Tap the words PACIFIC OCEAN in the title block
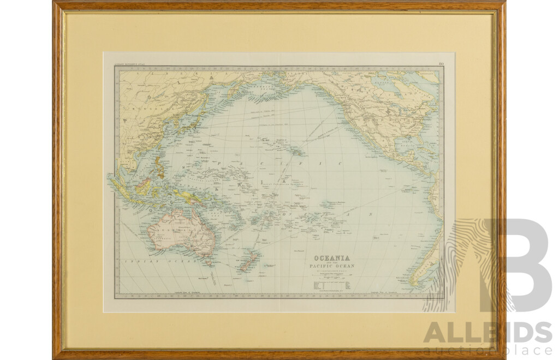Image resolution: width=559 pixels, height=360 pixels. (331, 266)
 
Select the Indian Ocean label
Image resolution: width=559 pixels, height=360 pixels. (140, 262)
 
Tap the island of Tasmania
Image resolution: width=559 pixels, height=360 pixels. (207, 263)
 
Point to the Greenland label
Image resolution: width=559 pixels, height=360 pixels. (431, 77)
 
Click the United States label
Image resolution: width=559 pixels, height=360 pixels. (389, 118)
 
